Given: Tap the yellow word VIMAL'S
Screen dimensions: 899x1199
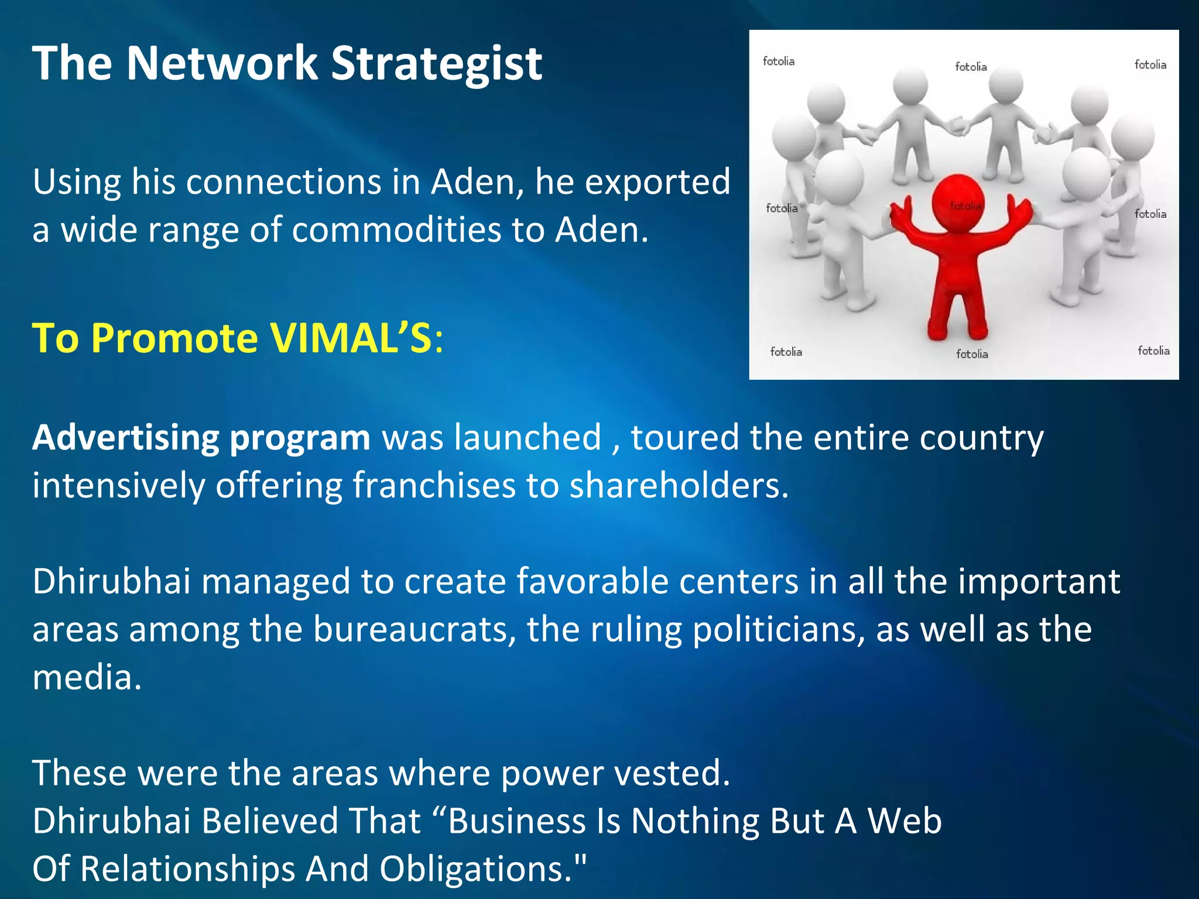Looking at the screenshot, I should tap(350, 338).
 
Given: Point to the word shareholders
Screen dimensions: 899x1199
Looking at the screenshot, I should tap(679, 486).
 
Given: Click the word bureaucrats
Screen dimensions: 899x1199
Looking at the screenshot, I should tap(414, 630).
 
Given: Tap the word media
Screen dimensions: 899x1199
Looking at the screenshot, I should tap(87, 678).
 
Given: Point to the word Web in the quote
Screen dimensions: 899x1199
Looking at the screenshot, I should tap(905, 821).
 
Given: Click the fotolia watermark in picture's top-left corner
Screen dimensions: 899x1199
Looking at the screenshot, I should tap(779, 61).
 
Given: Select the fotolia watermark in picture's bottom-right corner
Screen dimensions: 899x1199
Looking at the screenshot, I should tap(1153, 351).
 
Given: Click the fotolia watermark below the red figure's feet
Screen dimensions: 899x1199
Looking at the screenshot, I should tap(972, 354).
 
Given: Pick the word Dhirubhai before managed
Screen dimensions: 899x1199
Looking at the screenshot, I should tap(111, 582).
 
